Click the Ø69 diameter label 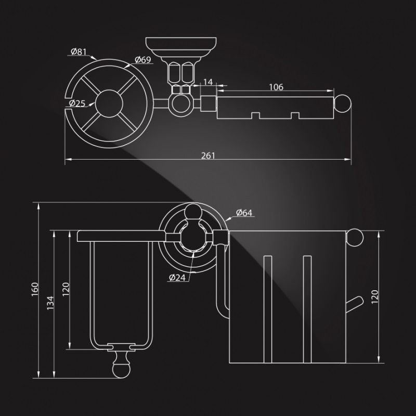click(x=142, y=60)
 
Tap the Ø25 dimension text click(x=77, y=103)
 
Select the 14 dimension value click(x=208, y=82)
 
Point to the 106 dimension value click(x=276, y=87)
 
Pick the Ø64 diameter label click(x=244, y=212)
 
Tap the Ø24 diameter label click(x=177, y=277)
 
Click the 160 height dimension click(x=35, y=289)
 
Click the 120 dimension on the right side click(x=375, y=296)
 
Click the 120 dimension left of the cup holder click(x=66, y=289)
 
